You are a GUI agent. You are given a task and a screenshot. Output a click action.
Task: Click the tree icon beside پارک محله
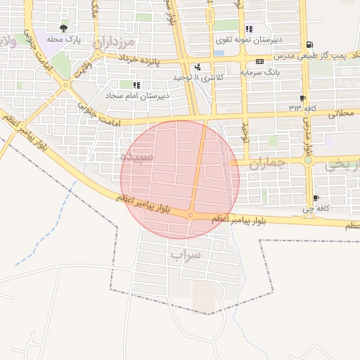click(x=64, y=29)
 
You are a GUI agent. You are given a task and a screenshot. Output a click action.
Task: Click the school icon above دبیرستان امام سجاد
click(x=136, y=85)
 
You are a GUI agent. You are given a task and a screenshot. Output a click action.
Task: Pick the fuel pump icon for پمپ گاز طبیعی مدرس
click(x=309, y=44)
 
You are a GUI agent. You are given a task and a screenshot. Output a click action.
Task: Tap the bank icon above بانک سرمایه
click(x=260, y=62)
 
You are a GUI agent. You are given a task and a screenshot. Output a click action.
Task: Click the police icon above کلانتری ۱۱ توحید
click(x=198, y=67)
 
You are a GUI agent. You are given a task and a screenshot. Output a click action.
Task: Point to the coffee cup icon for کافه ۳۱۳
click(x=302, y=98)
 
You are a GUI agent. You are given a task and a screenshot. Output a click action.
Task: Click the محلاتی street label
click(x=341, y=112)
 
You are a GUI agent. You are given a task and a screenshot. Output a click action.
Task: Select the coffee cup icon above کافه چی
click(x=316, y=198)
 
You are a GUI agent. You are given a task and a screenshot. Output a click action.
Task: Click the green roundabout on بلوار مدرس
click(x=308, y=160)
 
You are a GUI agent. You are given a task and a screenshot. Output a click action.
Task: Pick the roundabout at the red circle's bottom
click(x=191, y=214)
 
